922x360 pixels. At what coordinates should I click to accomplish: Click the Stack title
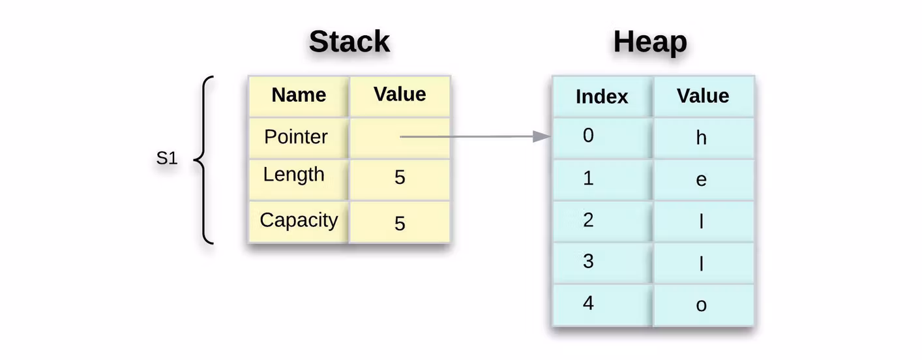point(349,42)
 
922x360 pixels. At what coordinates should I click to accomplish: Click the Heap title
point(650,42)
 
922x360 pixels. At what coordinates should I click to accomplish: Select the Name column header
point(299,95)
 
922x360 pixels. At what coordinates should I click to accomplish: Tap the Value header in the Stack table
point(400,95)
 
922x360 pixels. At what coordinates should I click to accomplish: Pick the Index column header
point(602,97)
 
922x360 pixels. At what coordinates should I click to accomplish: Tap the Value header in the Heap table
point(703,96)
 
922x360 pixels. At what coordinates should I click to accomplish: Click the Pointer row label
point(296,137)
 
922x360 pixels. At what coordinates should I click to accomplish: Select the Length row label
point(294,175)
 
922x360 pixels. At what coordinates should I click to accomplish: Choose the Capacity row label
point(299,220)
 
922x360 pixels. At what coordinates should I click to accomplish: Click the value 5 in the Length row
point(400,177)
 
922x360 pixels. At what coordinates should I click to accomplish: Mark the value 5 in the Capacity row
point(400,224)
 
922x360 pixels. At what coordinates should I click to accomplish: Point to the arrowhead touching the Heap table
point(543,136)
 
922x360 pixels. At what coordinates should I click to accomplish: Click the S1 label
point(167,158)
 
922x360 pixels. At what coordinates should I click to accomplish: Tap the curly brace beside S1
point(204,160)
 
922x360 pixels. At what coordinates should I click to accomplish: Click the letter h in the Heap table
point(702,138)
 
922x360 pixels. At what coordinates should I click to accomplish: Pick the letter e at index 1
point(702,180)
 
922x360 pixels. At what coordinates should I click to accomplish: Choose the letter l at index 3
point(702,263)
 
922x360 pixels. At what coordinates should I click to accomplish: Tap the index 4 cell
point(588,303)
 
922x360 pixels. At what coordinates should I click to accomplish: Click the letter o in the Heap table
point(702,305)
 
